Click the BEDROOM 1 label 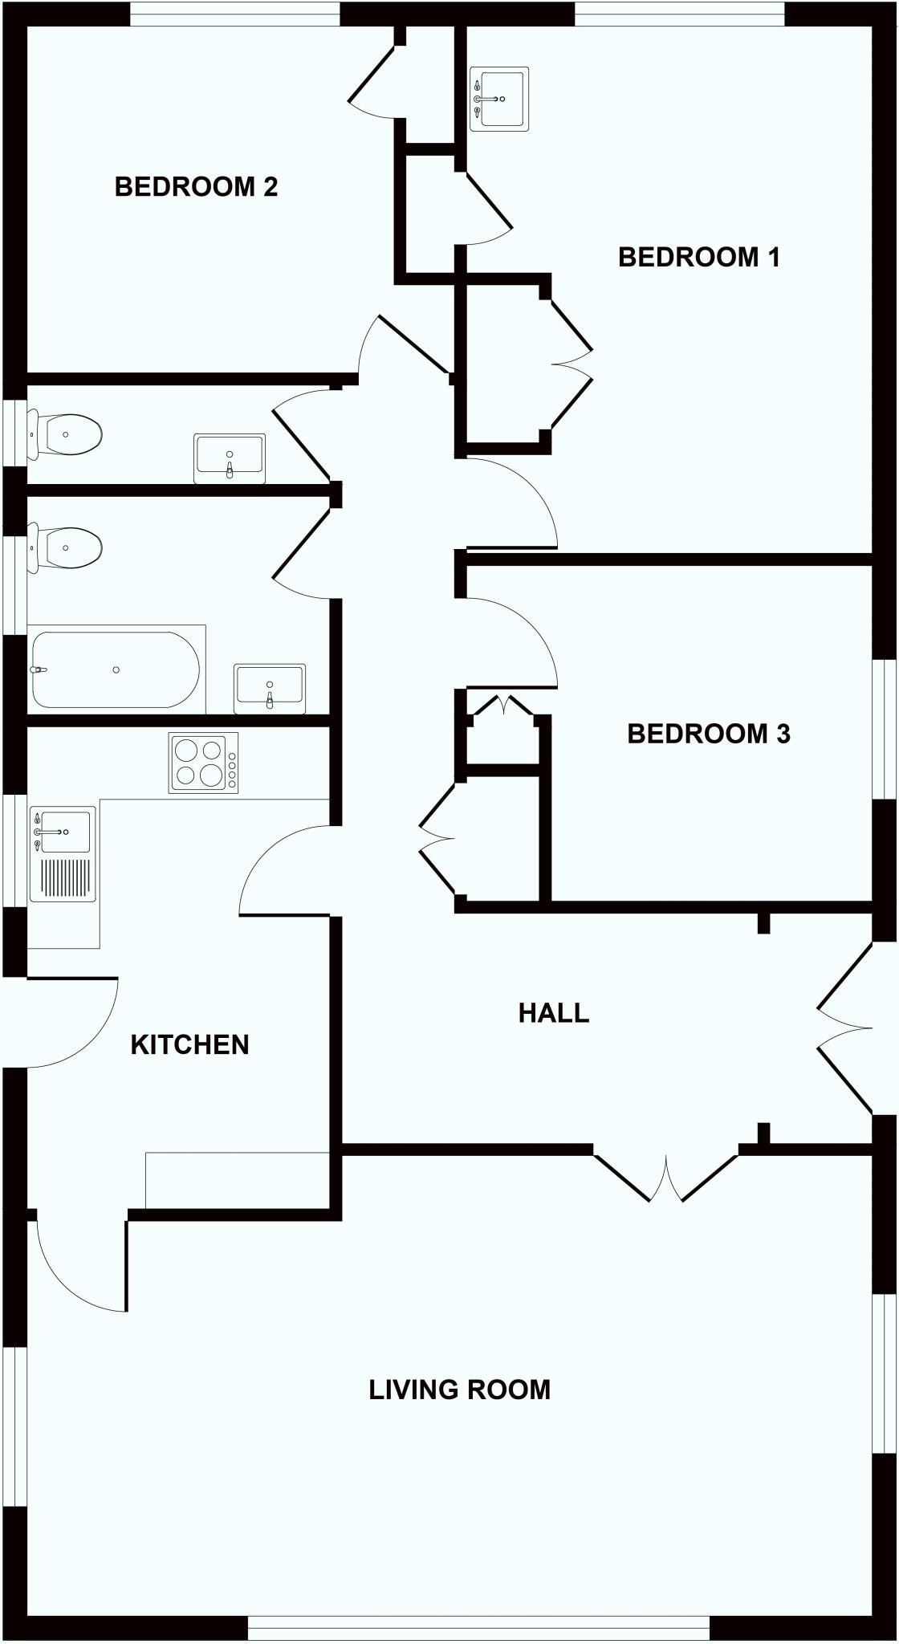coord(698,257)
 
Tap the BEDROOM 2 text coord(196,186)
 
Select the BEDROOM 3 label coord(708,733)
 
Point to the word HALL coord(553,1013)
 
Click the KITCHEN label coord(189,1044)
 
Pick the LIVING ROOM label coord(459,1389)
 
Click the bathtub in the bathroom coord(116,669)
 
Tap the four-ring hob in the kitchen coord(203,763)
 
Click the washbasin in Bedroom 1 coord(499,98)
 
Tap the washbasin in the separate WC coord(230,458)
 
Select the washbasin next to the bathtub coord(270,688)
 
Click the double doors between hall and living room coord(665,1178)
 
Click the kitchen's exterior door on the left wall coord(72,1023)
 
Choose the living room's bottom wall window coord(478,1628)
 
